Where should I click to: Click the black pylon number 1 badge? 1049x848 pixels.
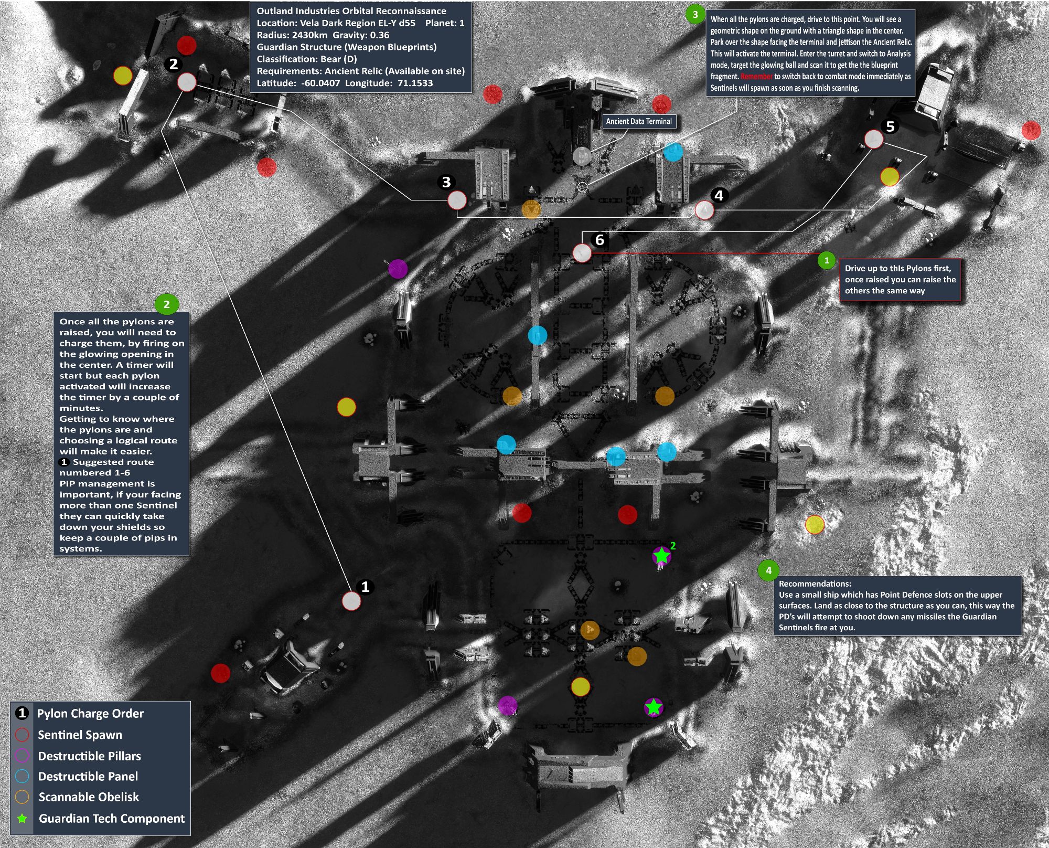366,587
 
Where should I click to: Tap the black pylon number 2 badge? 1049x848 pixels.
174,64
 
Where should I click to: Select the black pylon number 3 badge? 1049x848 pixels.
446,182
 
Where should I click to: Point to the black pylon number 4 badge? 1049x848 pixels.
719,195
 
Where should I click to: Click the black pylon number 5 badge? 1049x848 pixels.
890,126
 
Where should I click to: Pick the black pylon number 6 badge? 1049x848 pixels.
600,240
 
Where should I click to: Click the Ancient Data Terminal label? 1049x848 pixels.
638,121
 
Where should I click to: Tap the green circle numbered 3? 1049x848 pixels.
695,14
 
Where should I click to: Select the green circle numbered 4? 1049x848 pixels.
768,570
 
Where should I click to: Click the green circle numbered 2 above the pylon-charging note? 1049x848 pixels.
167,304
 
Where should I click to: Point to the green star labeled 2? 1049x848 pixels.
662,555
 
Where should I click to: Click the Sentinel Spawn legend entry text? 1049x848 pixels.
80,735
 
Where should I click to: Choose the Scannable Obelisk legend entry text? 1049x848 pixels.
89,797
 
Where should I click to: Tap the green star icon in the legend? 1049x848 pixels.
22,819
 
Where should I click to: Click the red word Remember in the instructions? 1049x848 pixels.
756,77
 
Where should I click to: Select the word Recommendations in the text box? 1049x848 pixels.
815,584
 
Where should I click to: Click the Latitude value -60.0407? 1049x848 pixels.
320,83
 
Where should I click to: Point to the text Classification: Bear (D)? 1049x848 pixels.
306,59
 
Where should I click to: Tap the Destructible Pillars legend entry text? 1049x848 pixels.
89,756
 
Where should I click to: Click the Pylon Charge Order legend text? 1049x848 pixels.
90,714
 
